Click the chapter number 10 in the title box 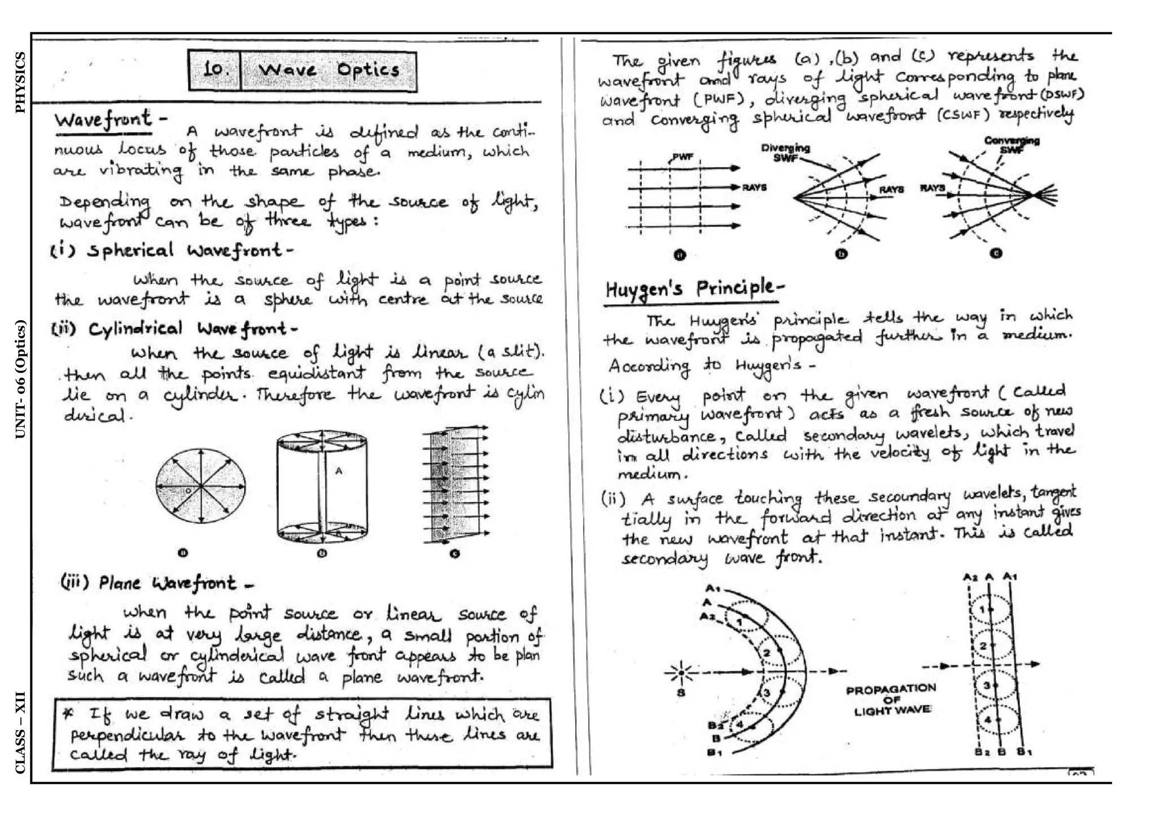click(215, 70)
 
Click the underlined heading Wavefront click(103, 120)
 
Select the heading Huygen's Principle click(694, 289)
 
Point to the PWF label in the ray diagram click(682, 156)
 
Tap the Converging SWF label click(1011, 145)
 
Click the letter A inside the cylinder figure click(339, 470)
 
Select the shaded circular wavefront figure click(200, 486)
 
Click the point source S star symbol click(681, 672)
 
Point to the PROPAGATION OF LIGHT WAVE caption click(891, 700)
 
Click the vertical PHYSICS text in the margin click(20, 82)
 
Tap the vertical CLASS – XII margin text click(20, 732)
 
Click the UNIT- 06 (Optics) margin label click(20, 379)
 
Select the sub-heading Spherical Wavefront click(172, 250)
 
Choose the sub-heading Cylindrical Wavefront click(175, 329)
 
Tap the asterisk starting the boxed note click(68, 713)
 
